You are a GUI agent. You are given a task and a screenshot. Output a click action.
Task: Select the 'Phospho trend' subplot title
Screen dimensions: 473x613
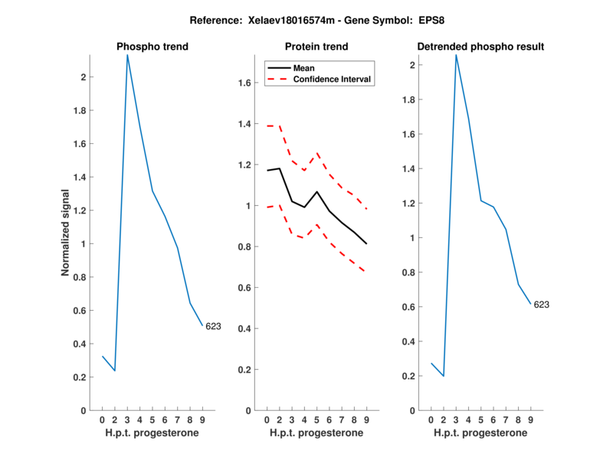pos(152,47)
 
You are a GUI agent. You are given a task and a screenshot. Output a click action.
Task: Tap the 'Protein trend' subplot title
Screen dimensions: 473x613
pos(316,47)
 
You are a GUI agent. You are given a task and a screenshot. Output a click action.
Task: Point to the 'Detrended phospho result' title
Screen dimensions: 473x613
pos(480,47)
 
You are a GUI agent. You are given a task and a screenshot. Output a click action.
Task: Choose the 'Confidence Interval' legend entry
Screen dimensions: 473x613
pos(333,79)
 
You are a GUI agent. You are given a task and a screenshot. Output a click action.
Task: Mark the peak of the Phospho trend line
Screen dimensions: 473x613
pos(127,54)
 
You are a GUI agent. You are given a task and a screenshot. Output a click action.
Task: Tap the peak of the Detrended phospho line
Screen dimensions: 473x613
pos(456,54)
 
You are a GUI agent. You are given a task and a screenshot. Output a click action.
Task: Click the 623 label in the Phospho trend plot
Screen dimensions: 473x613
pos(213,327)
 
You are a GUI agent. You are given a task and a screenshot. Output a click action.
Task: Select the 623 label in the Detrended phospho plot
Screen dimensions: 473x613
pos(541,305)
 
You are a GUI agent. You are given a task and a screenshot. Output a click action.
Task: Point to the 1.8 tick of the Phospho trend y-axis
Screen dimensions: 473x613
pos(80,111)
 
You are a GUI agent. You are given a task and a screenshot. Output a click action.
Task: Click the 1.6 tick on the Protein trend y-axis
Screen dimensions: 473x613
pos(244,83)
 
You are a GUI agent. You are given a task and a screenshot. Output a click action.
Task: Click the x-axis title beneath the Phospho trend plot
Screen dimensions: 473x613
pos(152,432)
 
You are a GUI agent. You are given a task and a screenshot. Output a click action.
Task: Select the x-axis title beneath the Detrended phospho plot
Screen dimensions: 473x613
pos(480,432)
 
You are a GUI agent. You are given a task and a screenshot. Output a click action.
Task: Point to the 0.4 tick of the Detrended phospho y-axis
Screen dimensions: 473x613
pos(408,341)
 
